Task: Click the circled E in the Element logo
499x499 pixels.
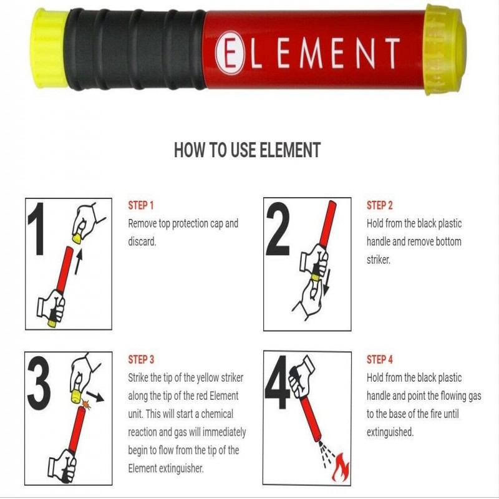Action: (230, 53)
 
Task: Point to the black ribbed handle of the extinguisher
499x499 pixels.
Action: (135, 49)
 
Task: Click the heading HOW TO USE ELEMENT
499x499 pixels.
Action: (247, 150)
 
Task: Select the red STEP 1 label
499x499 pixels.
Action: (141, 205)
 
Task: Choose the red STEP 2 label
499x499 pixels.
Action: (379, 205)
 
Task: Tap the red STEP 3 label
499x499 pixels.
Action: (141, 360)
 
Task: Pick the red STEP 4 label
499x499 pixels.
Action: (380, 360)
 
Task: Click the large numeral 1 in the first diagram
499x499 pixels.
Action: (37, 228)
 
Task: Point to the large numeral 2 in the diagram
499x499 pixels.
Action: (278, 228)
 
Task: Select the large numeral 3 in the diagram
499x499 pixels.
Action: (39, 383)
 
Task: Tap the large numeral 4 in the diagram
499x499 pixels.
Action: (278, 383)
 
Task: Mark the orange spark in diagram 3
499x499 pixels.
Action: (86, 404)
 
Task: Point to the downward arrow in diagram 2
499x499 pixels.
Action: (327, 283)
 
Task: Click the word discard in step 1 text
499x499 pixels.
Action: (142, 242)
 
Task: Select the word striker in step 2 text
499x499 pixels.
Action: (379, 260)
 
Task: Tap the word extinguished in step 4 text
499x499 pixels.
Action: (390, 432)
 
